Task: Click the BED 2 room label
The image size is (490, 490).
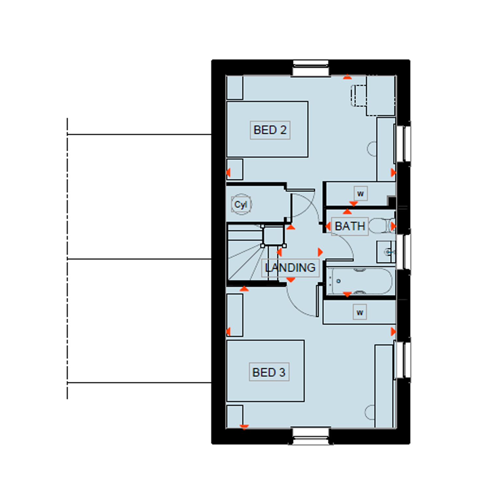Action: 270,130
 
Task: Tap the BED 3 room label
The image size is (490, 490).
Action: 269,372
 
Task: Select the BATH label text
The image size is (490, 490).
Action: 350,226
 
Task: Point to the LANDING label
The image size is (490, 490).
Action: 290,268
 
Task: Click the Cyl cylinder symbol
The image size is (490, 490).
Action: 241,204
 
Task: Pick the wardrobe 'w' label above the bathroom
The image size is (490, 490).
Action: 361,193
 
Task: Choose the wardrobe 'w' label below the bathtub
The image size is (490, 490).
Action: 360,312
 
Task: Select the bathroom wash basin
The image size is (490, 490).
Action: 386,252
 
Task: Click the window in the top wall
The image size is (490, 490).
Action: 311,68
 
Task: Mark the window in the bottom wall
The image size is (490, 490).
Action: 311,436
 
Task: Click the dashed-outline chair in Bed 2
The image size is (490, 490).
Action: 359,95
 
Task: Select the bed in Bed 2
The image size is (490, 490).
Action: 267,129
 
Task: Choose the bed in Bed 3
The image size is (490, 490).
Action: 265,371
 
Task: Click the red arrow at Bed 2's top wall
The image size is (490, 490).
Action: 347,77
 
